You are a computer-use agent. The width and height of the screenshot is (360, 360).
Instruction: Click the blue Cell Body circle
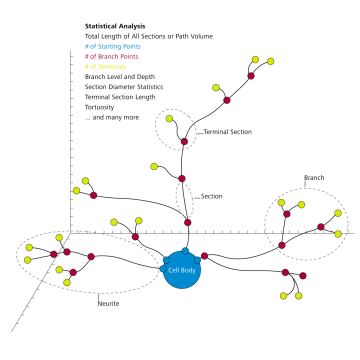click(182, 270)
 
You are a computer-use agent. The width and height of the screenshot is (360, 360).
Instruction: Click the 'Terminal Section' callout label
click(227, 132)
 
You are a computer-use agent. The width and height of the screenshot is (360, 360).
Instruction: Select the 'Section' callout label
click(211, 196)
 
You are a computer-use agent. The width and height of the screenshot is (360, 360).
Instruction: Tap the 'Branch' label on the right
click(314, 179)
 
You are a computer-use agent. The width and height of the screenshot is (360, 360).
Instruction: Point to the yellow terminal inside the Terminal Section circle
click(170, 120)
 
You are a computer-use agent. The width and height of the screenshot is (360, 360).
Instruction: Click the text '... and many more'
click(112, 117)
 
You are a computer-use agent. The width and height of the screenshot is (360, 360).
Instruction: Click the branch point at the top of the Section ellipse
click(182, 179)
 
